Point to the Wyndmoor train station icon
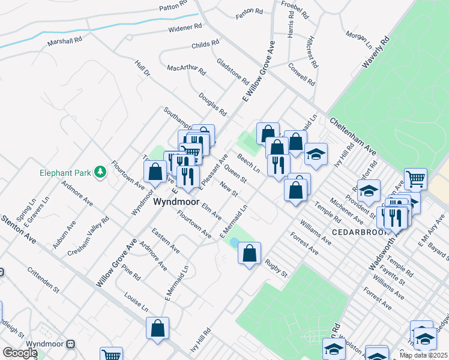click(71, 344)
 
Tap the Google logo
click(20, 352)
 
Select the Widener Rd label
click(185, 28)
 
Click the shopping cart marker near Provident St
click(415, 178)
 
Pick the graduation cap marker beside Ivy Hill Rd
click(316, 154)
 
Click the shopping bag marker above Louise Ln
click(157, 328)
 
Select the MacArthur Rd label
click(187, 69)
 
